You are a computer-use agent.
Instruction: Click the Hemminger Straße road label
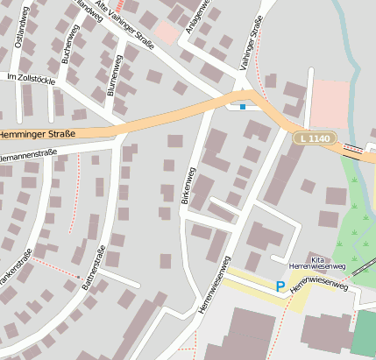coord(37,134)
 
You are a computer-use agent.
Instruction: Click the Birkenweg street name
coord(187,185)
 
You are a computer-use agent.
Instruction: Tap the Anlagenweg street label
coord(196,14)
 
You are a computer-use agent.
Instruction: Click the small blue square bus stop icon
coord(243,106)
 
